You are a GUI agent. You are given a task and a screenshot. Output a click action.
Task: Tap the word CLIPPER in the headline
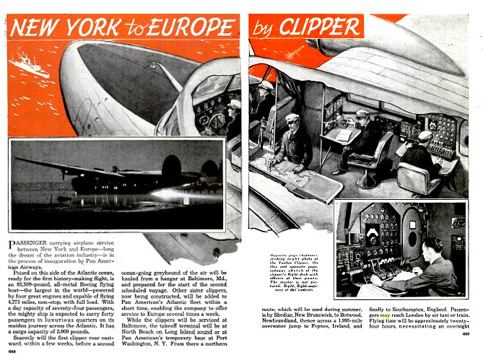click(319, 27)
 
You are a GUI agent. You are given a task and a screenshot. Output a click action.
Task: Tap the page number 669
click(466, 333)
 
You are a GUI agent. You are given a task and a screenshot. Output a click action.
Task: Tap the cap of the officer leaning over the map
click(292, 118)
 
